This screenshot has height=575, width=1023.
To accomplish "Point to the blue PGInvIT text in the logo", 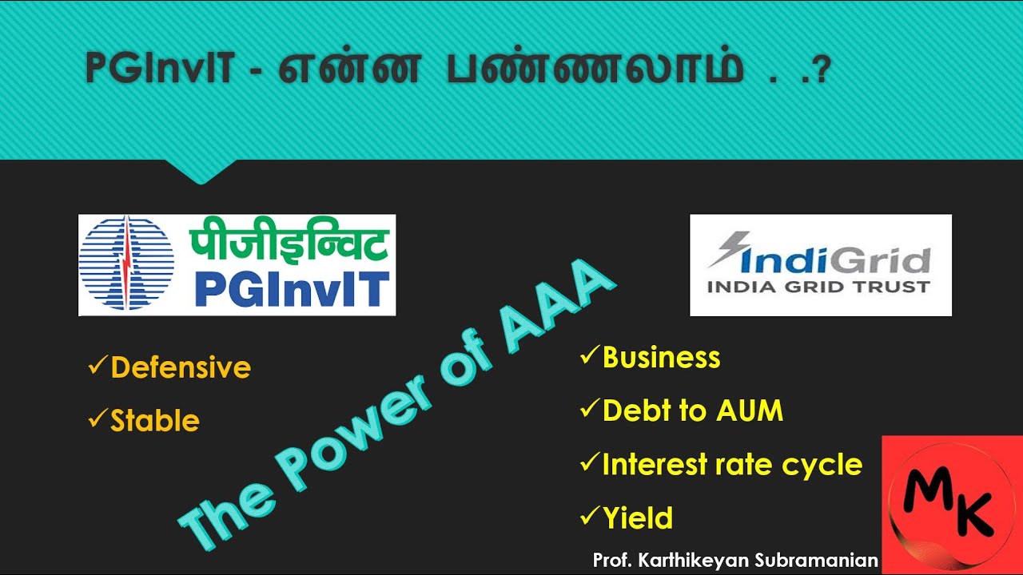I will (292, 288).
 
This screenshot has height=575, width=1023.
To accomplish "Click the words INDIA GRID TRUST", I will (821, 287).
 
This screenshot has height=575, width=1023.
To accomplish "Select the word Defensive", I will (181, 367).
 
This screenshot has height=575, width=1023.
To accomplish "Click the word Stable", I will (155, 421).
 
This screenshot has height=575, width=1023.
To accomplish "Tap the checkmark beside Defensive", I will (98, 367).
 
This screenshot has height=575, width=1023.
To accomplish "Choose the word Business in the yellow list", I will (661, 357).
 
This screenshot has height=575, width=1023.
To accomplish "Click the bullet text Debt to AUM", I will (692, 410).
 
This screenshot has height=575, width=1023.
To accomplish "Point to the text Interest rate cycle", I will (732, 464).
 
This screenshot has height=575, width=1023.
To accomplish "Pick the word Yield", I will (637, 518).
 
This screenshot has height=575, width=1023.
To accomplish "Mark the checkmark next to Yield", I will (589, 517).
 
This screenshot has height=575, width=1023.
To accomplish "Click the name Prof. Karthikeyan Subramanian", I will (735, 560).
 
